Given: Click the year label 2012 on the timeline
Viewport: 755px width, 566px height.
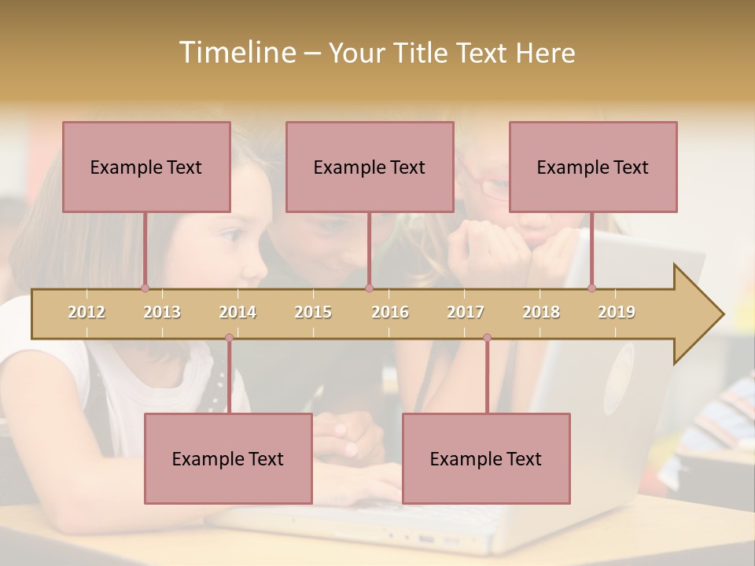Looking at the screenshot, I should [87, 312].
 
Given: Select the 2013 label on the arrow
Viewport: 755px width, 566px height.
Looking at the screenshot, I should [162, 312].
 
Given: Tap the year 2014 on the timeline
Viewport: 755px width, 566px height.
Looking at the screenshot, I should [238, 312].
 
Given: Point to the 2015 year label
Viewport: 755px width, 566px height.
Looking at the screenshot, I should [313, 312].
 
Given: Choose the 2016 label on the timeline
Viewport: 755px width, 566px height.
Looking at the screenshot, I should [390, 312].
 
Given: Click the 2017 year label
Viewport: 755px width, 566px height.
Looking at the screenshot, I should [466, 312].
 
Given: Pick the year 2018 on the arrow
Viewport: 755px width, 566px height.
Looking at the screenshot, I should [541, 312].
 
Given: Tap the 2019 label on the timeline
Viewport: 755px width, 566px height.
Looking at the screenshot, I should [617, 312].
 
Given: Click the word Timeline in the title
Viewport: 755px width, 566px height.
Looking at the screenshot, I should [237, 53].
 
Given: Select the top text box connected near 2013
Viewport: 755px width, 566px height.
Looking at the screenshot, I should [146, 167].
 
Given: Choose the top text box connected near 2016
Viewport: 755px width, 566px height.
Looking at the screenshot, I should [370, 167].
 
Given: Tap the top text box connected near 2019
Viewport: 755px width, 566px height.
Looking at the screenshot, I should [593, 167].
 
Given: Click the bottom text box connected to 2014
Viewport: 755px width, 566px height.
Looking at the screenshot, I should [228, 458].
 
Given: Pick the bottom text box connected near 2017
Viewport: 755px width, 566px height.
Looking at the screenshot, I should [486, 458].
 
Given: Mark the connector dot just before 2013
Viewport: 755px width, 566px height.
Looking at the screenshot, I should [145, 288].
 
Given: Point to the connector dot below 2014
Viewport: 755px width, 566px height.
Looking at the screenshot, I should [229, 338].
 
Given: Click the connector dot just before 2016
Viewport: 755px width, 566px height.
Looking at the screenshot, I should [369, 288].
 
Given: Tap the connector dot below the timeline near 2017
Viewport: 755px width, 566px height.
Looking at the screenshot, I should [487, 338].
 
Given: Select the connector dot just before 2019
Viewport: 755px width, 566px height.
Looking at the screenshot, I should [591, 288].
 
